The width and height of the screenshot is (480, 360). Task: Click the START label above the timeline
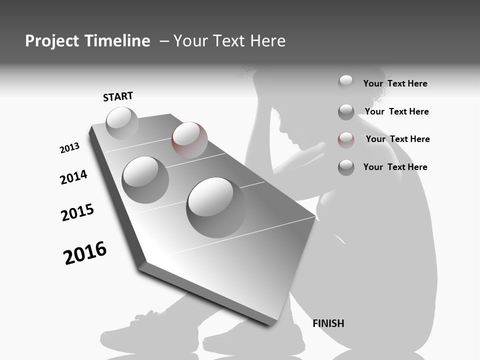pos(118,96)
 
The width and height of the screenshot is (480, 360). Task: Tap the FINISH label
pos(328,323)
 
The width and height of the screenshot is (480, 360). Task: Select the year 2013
pos(69,148)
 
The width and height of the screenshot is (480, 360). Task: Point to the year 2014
pos(74,177)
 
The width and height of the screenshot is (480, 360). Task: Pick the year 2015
pos(77,212)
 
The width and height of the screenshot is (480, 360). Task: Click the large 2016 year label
pos(85,253)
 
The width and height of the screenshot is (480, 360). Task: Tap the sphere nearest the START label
pos(122,123)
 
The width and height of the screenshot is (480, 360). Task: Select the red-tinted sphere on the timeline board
pos(189,140)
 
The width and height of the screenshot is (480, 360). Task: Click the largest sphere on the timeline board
pos(216,207)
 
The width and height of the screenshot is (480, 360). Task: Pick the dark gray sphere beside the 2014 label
pos(145,180)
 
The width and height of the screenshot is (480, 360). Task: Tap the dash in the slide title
pos(164,41)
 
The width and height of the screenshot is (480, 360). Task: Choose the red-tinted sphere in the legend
pos(346,140)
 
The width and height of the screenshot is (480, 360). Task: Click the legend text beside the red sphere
pos(397,139)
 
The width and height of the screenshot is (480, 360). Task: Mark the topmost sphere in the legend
pos(346,82)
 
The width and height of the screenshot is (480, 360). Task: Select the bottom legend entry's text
pos(395,167)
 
